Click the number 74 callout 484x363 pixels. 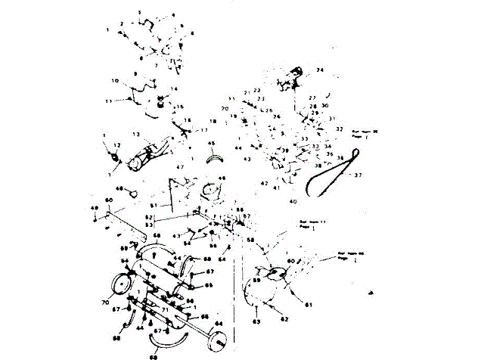[x=319, y=70]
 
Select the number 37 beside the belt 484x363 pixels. [x=358, y=175]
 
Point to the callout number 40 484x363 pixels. [x=293, y=201]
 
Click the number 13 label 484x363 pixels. [x=136, y=133]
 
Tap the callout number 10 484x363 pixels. [x=115, y=81]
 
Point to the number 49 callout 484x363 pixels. [x=95, y=208]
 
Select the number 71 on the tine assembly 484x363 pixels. [x=163, y=310]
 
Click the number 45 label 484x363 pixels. [x=211, y=144]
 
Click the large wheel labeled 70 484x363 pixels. [x=119, y=286]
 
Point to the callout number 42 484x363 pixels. [x=264, y=183]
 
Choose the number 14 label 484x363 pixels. [x=174, y=89]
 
